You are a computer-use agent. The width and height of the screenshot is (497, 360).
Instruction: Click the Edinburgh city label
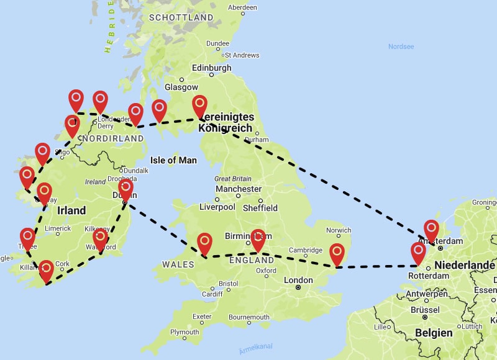(x=212, y=68)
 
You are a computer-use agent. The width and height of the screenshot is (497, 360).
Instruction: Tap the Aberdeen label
(x=242, y=7)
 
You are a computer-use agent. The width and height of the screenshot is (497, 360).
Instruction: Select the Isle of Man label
(x=173, y=160)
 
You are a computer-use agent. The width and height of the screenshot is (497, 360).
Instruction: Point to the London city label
(x=298, y=280)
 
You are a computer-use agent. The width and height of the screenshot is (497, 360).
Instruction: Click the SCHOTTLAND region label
(x=181, y=18)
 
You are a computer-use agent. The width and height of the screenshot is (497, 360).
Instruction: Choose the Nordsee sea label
(x=401, y=47)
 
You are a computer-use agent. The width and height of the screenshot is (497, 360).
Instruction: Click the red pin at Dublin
(x=125, y=188)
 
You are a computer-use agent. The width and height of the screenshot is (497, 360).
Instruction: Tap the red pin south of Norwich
(x=337, y=253)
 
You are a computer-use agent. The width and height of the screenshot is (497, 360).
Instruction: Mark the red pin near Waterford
(x=100, y=237)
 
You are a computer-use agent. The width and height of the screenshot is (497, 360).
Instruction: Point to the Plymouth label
(x=185, y=332)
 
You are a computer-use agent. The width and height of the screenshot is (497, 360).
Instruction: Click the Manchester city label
(x=239, y=189)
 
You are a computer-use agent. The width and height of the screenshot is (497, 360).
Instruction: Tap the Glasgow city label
(x=181, y=88)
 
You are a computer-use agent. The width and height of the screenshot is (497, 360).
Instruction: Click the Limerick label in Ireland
(x=57, y=228)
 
